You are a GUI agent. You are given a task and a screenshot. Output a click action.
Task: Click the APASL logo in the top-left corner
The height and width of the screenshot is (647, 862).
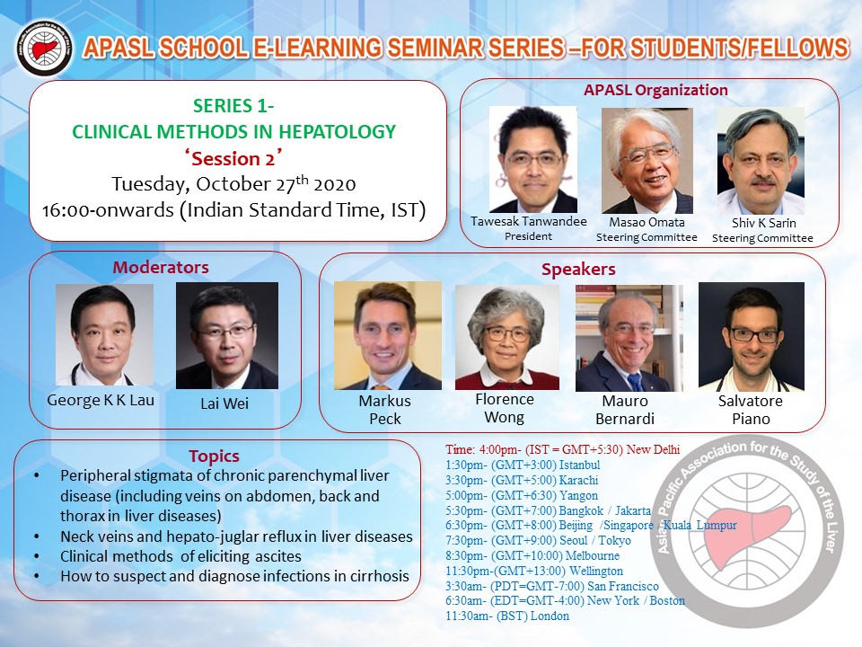pos(44,49)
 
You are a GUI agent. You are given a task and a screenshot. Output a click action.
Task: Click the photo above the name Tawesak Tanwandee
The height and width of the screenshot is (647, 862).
pos(532,160)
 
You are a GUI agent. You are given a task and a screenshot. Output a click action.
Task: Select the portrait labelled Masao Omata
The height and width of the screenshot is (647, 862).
pos(647,161)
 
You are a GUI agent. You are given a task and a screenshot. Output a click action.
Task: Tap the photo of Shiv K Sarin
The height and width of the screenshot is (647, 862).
pos(761,161)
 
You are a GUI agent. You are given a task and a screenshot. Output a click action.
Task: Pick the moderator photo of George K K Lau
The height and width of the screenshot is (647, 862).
pos(104,334)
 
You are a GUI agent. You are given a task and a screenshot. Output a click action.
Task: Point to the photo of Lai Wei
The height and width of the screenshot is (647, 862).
pos(227,335)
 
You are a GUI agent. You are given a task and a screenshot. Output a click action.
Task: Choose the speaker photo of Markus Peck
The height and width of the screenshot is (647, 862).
pos(388,335)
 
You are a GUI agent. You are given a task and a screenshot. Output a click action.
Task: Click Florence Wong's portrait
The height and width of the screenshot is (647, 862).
pos(506,337)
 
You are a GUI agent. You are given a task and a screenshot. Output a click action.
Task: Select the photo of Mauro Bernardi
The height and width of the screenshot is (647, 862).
pos(629,338)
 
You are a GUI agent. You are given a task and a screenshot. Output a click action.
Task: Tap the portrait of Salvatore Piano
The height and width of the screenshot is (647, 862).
pos(752,337)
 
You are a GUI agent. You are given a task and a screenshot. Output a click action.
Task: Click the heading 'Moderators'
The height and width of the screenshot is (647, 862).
pos(161,268)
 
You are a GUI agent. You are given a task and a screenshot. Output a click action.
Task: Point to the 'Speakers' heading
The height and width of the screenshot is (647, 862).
pos(578,269)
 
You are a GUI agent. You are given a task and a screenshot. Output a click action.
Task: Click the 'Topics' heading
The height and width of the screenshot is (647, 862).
pos(214,456)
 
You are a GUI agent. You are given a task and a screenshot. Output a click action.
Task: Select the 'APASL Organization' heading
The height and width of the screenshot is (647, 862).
pos(655,90)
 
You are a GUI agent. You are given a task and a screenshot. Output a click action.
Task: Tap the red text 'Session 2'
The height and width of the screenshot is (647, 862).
pos(233,158)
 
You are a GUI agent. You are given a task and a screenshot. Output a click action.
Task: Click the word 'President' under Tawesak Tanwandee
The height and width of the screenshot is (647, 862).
pos(528,236)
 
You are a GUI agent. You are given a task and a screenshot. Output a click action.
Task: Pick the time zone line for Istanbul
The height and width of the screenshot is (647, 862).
pos(523,465)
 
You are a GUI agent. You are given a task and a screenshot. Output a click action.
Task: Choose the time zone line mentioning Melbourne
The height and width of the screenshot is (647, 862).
pos(532,555)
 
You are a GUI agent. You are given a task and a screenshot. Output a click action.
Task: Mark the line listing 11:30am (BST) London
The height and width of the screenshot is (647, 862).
pos(507,616)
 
